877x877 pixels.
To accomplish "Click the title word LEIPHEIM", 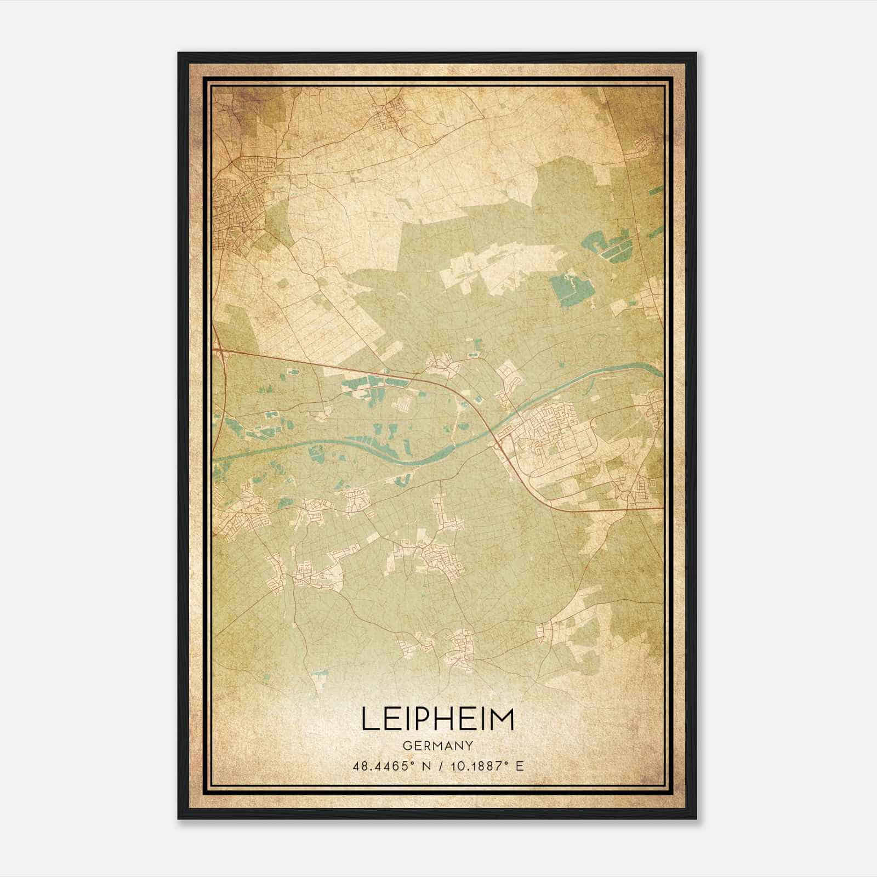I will (437, 719).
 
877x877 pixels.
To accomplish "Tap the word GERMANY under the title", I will (437, 746).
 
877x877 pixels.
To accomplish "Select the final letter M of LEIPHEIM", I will (504, 719).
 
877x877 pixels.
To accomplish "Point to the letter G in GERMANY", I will (407, 746).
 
